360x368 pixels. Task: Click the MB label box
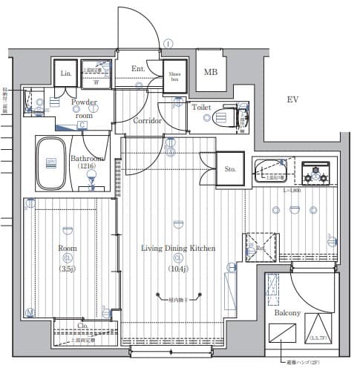[212, 72]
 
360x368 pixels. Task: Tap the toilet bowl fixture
[226, 118]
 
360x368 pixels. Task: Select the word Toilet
[201, 108]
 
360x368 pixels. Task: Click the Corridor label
[148, 121]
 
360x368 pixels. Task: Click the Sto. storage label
[230, 169]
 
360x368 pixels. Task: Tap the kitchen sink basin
[268, 171]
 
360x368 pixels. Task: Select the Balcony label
[288, 313]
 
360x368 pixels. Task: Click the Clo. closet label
[82, 324]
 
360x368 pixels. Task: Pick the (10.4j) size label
[178, 269]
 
